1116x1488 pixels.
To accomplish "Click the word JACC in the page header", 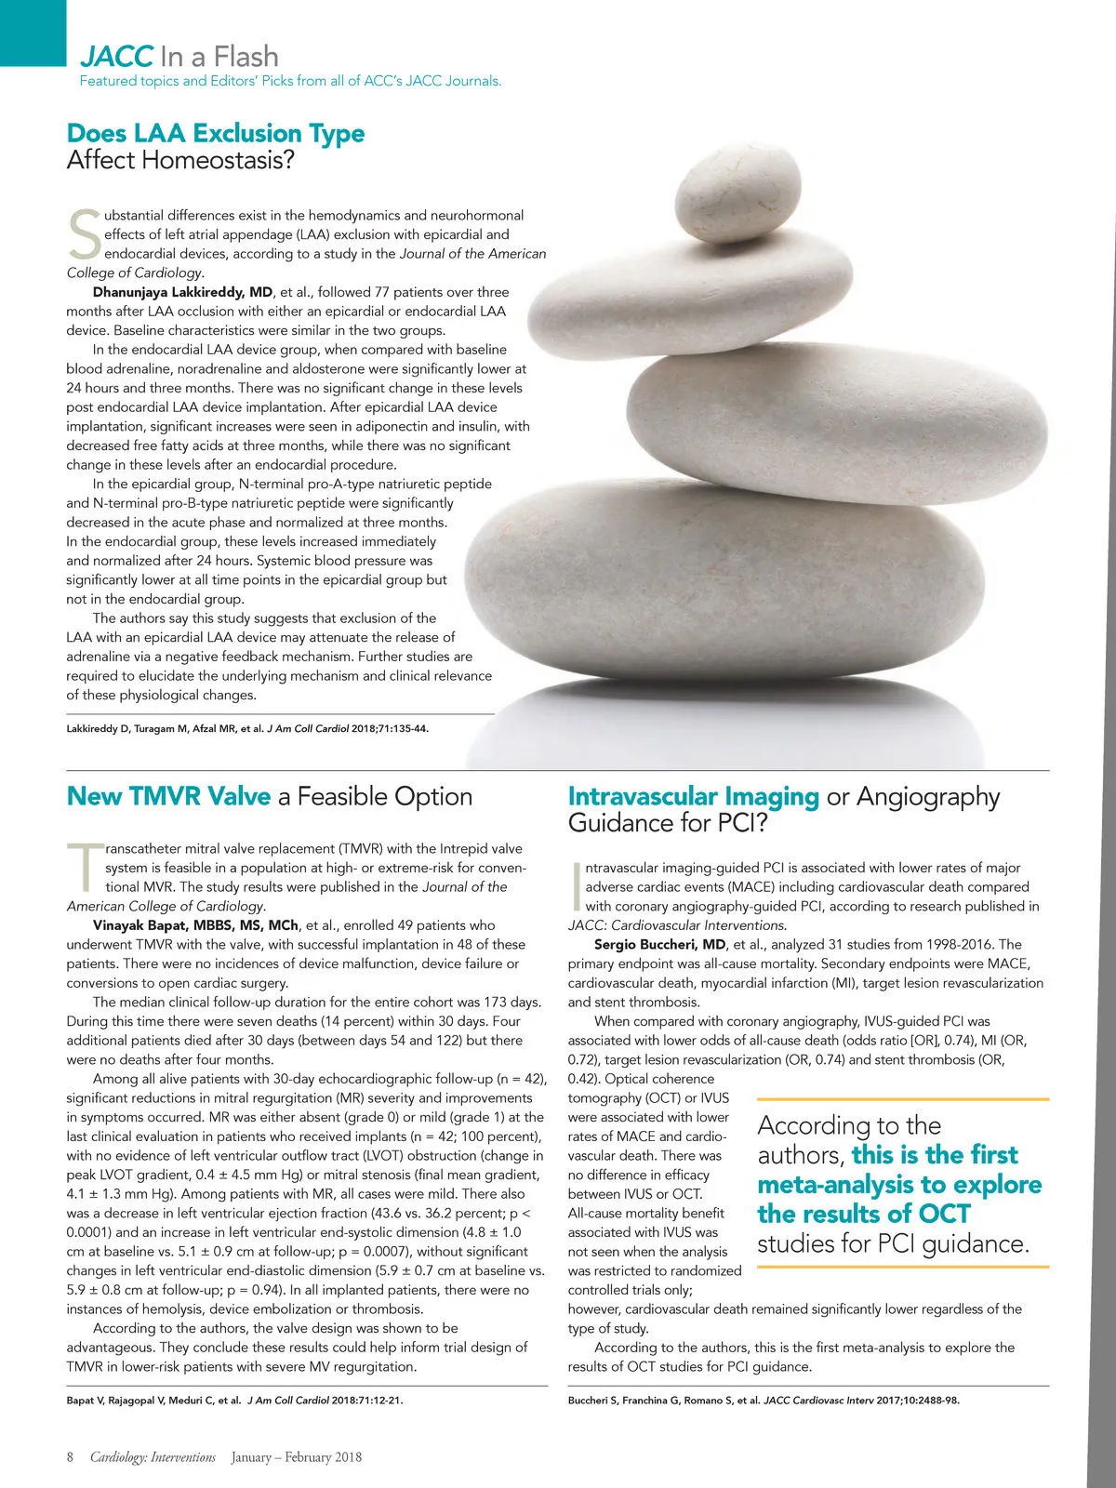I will click(x=116, y=56).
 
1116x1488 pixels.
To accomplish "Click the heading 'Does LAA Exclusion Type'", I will click(x=215, y=133).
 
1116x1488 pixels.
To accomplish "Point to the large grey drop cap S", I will click(x=84, y=235).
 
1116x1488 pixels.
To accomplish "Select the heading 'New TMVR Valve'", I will click(x=168, y=796).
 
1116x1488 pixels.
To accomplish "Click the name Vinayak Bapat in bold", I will click(x=195, y=925).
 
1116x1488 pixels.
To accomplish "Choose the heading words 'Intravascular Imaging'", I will click(x=693, y=796).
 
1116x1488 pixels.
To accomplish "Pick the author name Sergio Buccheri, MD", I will click(x=659, y=945).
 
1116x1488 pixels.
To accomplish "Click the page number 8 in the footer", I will click(x=70, y=1457).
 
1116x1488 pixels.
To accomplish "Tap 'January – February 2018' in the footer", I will click(x=297, y=1457).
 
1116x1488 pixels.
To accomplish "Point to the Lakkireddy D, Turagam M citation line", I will click(x=247, y=728).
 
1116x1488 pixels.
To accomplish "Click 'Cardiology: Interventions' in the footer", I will click(x=153, y=1457).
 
